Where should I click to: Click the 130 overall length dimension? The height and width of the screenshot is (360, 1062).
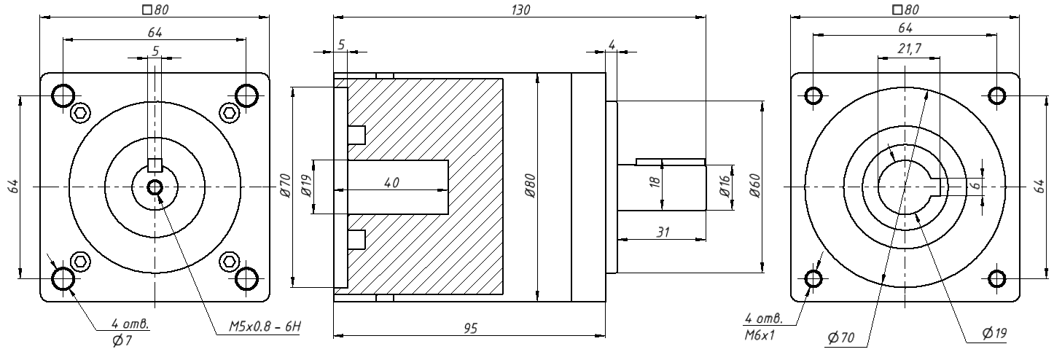(520, 10)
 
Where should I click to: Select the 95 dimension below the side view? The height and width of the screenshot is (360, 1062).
(470, 328)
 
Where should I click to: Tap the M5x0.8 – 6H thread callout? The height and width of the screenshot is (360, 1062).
(265, 326)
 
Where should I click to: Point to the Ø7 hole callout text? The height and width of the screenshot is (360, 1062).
(122, 340)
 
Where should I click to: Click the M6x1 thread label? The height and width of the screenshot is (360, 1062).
(759, 335)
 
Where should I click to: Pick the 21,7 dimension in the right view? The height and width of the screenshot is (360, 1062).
(910, 48)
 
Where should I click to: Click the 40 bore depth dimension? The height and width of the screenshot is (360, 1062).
(391, 183)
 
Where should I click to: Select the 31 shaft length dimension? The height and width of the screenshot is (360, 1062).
(663, 232)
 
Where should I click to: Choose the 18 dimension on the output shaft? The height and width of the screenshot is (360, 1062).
(655, 181)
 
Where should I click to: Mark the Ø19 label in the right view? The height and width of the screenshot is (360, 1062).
(995, 334)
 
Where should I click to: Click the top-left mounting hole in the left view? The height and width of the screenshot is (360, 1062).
(63, 95)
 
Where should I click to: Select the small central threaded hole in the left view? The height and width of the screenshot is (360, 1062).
(155, 188)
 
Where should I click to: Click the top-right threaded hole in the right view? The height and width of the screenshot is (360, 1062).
(996, 95)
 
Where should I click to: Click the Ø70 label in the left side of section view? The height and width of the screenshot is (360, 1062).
(285, 185)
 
